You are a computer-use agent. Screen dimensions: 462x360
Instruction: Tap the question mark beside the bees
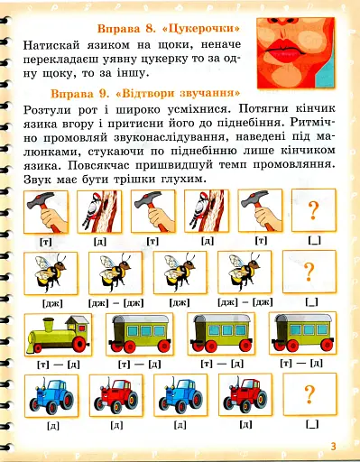pos(309,273)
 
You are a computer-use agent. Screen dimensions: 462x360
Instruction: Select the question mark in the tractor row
pos(309,393)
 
